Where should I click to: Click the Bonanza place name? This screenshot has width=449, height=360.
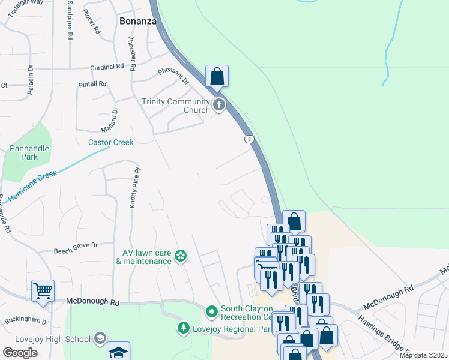(138, 20)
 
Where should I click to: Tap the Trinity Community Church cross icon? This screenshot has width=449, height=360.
(220, 106)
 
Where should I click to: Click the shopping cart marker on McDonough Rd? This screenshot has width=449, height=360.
(43, 291)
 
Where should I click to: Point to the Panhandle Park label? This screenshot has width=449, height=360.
(28, 152)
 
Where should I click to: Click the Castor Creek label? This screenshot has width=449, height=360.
(110, 142)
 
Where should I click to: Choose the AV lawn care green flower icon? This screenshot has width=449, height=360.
(180, 257)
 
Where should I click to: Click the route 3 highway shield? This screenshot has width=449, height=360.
(249, 139)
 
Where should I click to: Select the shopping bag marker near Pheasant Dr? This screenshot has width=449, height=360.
(217, 76)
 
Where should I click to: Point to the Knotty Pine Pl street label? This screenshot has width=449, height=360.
(134, 187)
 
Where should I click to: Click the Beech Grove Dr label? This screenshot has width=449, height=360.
(76, 245)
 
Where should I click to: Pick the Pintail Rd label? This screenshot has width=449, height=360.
(92, 84)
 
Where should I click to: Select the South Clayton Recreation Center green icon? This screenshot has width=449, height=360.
(211, 312)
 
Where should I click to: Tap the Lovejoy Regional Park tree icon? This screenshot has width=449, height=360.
(183, 328)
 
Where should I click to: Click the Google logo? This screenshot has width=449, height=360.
(20, 353)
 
